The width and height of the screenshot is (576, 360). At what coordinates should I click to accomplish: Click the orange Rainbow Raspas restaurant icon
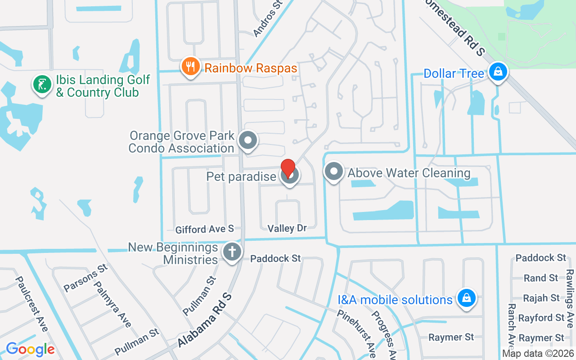pyautogui.click(x=191, y=67)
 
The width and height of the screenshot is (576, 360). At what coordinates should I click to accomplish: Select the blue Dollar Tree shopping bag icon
pyautogui.click(x=498, y=72)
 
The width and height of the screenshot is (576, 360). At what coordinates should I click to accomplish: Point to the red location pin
pyautogui.click(x=288, y=169)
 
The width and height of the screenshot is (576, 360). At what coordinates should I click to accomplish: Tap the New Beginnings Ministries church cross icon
pyautogui.click(x=232, y=252)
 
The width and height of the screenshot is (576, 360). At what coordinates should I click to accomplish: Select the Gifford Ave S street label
pyautogui.click(x=205, y=229)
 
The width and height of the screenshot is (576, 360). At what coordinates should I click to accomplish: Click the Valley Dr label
pyautogui.click(x=287, y=229)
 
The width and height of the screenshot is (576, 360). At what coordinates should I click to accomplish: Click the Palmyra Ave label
pyautogui.click(x=112, y=304)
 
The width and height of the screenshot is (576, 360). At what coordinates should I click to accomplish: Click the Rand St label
pyautogui.click(x=541, y=278)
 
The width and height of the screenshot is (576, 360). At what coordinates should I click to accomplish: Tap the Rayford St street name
pyautogui.click(x=541, y=318)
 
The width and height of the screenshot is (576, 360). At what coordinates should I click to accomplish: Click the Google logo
pyautogui.click(x=30, y=349)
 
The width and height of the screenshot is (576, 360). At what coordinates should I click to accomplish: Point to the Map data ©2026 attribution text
pyautogui.click(x=538, y=353)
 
